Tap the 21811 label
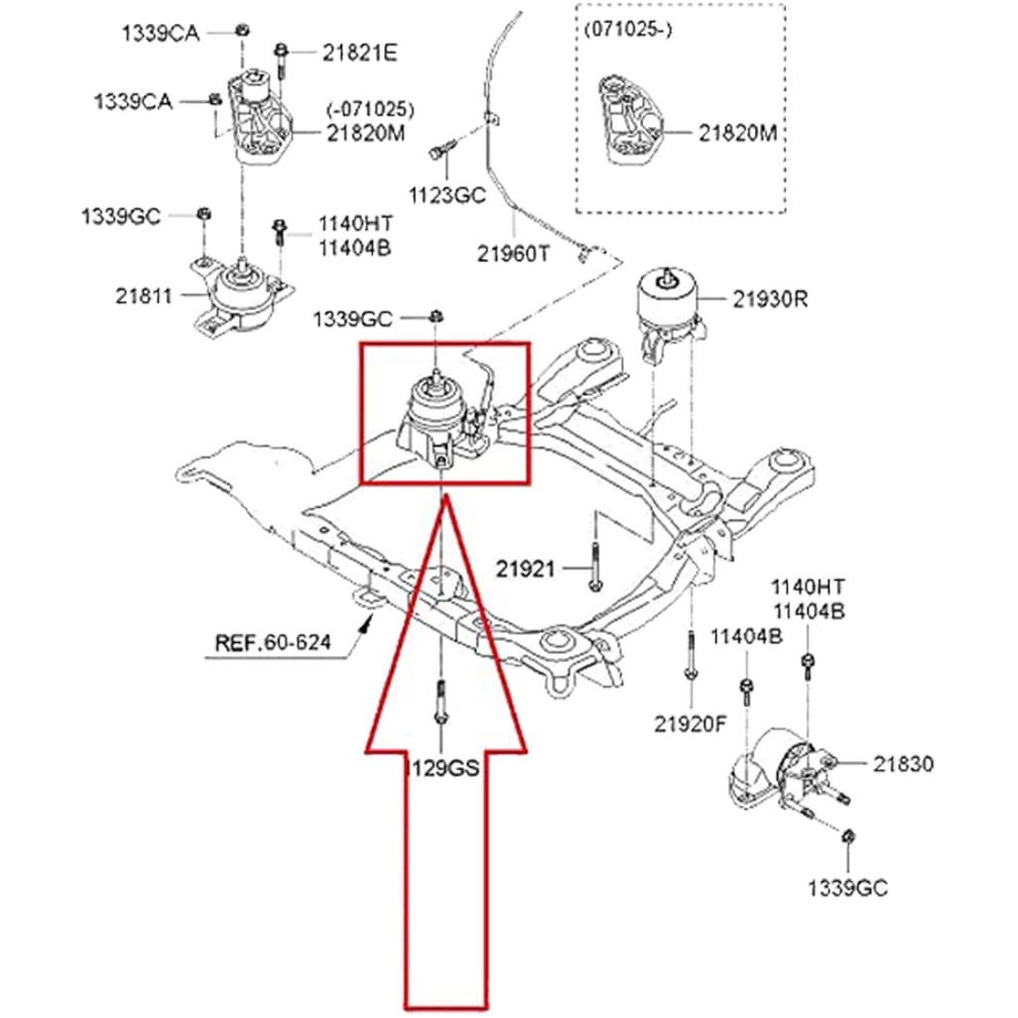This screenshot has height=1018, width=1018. coord(144,296)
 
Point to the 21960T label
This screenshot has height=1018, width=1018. coord(513,254)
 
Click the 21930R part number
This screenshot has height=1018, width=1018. coord(771,297)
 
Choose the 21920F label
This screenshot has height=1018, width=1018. coord(690,723)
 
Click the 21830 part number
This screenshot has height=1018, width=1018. coord(904,763)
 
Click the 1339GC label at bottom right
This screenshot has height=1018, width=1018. coord(847,887)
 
